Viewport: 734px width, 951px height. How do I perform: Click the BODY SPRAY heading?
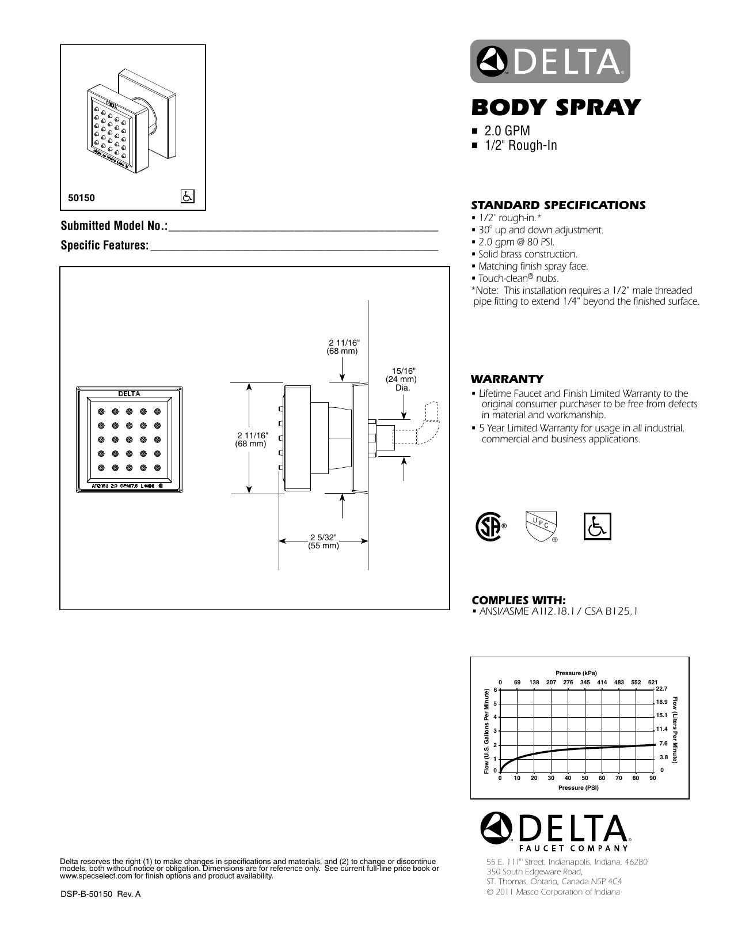click(x=556, y=108)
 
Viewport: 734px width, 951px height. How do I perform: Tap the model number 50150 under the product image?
click(x=81, y=198)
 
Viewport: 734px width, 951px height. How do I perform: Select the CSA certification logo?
click(x=489, y=526)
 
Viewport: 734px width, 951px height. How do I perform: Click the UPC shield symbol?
click(x=541, y=526)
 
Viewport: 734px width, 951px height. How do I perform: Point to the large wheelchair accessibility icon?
click(x=598, y=526)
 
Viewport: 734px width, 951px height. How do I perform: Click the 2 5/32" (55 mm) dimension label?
click(x=323, y=541)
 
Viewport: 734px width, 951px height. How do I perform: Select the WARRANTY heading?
click(x=507, y=379)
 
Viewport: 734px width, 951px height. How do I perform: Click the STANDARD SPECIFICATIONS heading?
click(x=558, y=205)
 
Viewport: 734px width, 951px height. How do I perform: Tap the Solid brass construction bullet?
click(x=528, y=254)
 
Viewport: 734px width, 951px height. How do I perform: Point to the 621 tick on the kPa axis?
click(x=652, y=682)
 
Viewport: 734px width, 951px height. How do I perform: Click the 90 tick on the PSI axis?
click(x=652, y=778)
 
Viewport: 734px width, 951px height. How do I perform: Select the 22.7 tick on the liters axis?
click(x=661, y=689)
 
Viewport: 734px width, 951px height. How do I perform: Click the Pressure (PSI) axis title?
click(x=578, y=787)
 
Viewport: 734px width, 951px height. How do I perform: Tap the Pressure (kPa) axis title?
click(x=576, y=673)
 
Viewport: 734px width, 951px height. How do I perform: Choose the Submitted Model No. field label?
click(x=114, y=226)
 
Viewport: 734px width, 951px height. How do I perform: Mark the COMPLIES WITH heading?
click(x=518, y=600)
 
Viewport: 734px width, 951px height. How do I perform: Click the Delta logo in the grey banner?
click(x=550, y=62)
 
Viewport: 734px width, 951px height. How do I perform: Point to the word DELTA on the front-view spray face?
click(x=130, y=394)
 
